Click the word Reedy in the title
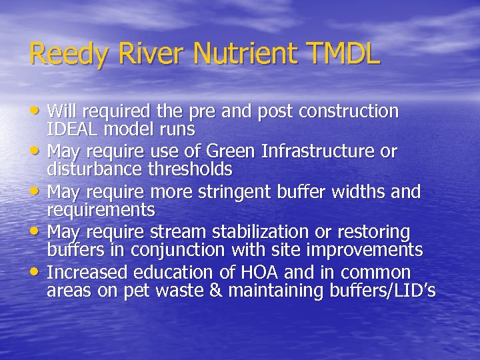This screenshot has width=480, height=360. point(63,54)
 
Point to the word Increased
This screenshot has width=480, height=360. point(91,273)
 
